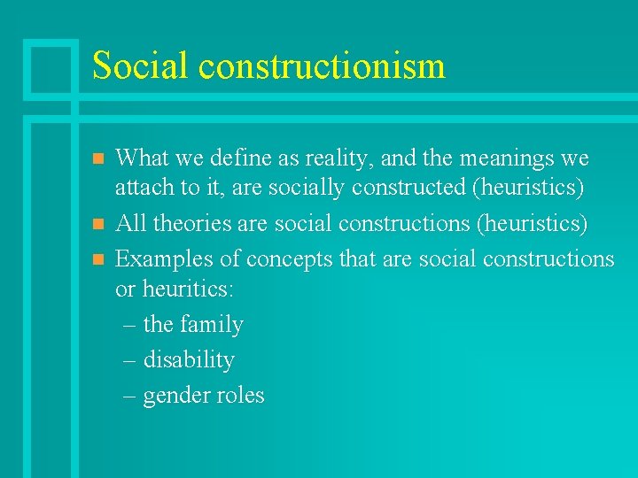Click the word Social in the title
140,66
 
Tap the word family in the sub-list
211,325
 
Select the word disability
189,360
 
